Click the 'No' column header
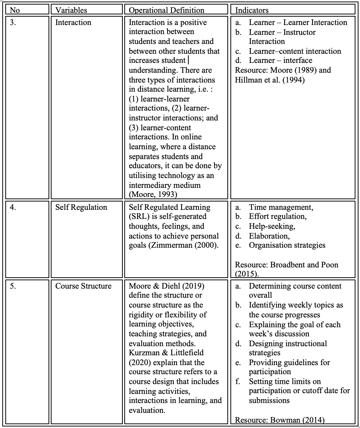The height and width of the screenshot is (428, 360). tap(15, 10)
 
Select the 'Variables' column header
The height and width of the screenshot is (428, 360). tap(71, 10)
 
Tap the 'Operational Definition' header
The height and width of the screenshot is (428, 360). tap(166, 10)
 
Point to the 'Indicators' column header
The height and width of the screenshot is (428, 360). tap(252, 10)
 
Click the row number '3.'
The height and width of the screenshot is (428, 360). tap(13, 22)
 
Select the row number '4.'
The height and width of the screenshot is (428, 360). tap(13, 207)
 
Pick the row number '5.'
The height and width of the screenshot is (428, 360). tap(13, 286)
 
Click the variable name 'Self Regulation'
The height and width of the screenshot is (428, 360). tap(81, 207)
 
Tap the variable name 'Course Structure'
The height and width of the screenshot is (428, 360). tap(83, 286)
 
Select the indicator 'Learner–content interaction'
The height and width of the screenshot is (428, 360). tap(295, 51)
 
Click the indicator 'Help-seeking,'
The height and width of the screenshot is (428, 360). tap(272, 226)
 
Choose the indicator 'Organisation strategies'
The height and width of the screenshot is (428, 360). tap(287, 245)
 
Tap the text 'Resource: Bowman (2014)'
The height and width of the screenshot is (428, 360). tap(280, 420)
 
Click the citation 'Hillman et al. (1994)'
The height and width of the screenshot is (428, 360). tap(270, 80)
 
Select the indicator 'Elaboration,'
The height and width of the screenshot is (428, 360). tap(269, 236)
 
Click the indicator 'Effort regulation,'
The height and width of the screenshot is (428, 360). tap(278, 217)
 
